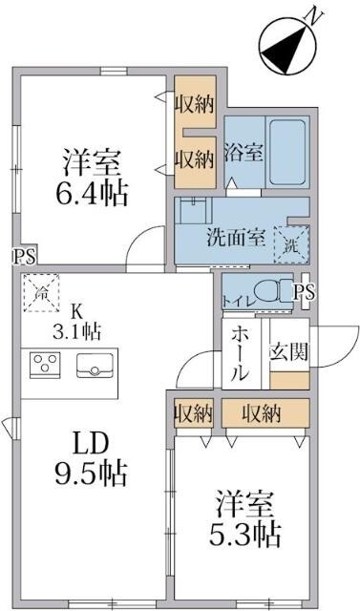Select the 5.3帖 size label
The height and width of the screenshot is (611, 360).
pyautogui.click(x=245, y=529)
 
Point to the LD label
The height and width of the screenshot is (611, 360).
pyautogui.click(x=95, y=443)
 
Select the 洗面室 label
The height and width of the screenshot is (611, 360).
pyautogui.click(x=236, y=239)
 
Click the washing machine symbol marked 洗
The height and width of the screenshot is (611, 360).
pyautogui.click(x=289, y=242)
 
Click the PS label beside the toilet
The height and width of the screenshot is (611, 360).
pyautogui.click(x=305, y=292)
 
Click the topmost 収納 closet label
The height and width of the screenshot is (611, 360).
pyautogui.click(x=194, y=104)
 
